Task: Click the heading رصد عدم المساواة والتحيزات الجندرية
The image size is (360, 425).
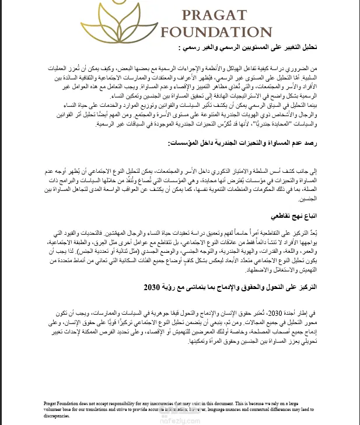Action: pyautogui.click(x=251, y=142)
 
